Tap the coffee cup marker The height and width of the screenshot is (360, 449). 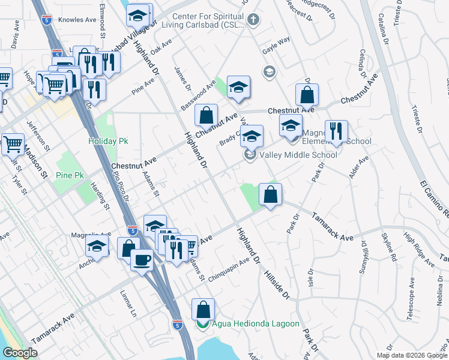[142, 261]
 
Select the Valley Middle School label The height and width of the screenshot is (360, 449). [298, 155]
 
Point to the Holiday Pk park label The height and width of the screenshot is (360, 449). [108, 141]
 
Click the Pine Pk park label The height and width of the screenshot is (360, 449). [70, 175]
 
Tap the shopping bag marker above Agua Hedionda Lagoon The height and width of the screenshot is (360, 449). [203, 310]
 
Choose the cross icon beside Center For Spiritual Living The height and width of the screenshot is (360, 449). [254, 20]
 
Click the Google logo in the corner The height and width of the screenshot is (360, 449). [21, 353]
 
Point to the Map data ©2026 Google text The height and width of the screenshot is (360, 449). [412, 355]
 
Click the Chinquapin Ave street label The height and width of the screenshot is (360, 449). [229, 265]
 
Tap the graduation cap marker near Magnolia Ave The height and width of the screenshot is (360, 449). [97, 247]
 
